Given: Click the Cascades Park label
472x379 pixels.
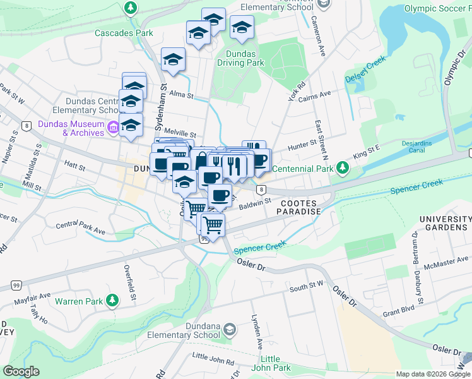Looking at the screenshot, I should coord(124,33).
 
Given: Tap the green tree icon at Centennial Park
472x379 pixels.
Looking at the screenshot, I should coord(342,168).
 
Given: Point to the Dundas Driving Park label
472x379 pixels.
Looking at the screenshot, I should coord(240,58).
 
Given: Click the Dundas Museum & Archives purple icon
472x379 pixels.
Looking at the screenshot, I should coord(113,128).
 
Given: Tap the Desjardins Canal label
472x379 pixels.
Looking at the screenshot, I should coord(422,147).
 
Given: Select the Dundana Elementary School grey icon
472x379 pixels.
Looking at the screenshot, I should coord(230,329).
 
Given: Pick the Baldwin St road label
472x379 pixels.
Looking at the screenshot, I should coord(255,203).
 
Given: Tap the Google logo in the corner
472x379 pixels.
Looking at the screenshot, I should coord(21,371).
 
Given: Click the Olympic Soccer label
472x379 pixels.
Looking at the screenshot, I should coord(437,9).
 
